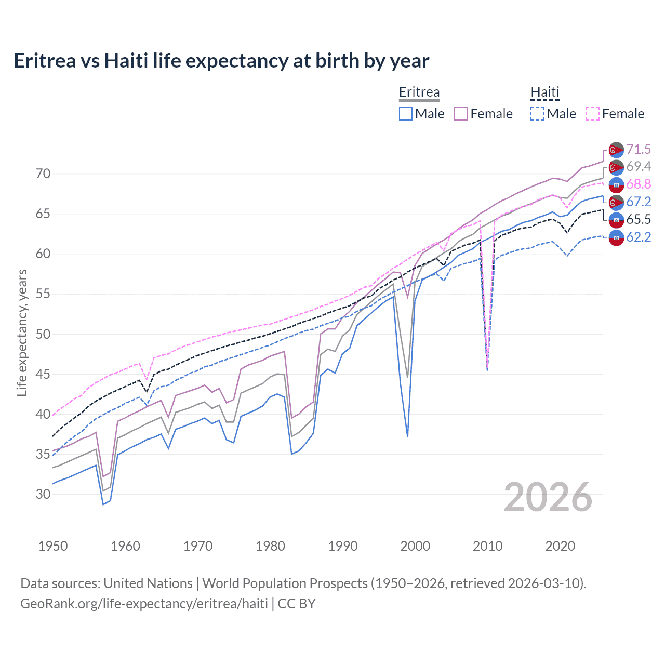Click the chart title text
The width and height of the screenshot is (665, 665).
point(221,61)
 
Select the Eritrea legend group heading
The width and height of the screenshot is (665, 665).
point(419,92)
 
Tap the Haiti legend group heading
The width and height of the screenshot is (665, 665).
point(544,92)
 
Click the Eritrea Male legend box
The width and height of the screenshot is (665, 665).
point(406,114)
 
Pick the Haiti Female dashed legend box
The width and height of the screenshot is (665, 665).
point(593,114)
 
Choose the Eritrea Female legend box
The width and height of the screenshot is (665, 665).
point(461,114)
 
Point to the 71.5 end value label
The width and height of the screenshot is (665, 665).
point(639,150)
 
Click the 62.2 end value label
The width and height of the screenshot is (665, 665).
point(639,237)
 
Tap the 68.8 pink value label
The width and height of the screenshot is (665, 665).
point(639,184)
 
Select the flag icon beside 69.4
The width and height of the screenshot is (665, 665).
point(616,167)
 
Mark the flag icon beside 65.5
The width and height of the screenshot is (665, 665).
point(616,220)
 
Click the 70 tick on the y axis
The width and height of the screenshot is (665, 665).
point(43,174)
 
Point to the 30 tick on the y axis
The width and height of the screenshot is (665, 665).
point(43,494)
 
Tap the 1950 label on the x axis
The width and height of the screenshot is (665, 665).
point(53,546)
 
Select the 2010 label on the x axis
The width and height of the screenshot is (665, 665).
point(487,546)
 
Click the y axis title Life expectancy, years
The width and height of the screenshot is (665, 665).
point(22,332)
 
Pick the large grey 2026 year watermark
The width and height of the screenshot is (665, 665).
point(548,498)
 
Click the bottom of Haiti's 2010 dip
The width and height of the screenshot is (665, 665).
point(487,369)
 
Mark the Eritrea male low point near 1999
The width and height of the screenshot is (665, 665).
point(407,436)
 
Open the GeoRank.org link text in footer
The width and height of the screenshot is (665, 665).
point(144,604)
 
